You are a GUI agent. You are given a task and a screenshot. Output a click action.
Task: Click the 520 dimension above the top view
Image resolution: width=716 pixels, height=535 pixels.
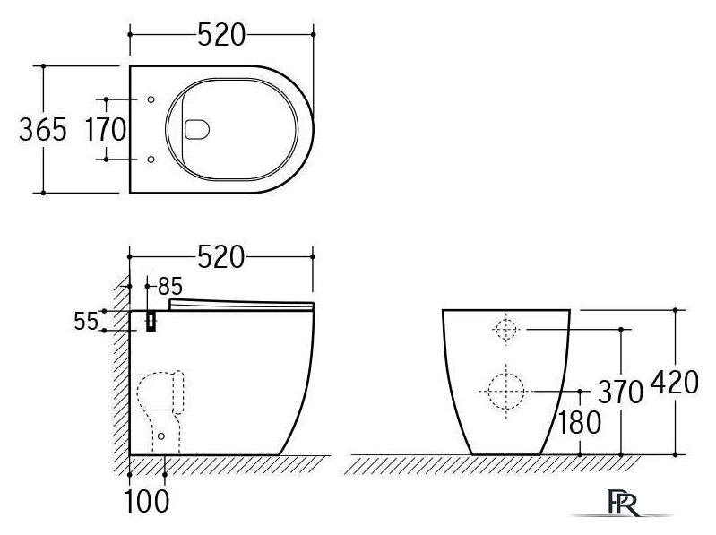[220, 35]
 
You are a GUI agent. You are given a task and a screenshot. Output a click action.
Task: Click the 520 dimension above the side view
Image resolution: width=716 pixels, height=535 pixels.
[220, 257]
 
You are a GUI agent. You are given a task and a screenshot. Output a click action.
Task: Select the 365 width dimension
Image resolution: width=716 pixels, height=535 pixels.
[43, 130]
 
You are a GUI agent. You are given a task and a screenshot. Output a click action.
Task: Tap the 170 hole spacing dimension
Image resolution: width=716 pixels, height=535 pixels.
[106, 130]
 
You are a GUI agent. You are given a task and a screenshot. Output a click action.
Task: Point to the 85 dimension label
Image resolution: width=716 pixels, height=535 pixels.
[170, 287]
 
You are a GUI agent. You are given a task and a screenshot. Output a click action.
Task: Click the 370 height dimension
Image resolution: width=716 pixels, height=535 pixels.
[617, 392]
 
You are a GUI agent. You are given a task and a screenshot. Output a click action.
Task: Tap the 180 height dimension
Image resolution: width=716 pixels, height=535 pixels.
[579, 422]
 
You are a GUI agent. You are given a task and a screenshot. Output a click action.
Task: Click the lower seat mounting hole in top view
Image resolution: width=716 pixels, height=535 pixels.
[150, 160]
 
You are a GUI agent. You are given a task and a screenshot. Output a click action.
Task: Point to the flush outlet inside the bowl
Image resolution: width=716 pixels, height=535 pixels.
[196, 130]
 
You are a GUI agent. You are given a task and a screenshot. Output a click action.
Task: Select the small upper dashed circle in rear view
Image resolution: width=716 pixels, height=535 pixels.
[506, 330]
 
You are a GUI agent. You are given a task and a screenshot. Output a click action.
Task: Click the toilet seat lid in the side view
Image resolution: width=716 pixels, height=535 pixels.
[241, 306]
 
